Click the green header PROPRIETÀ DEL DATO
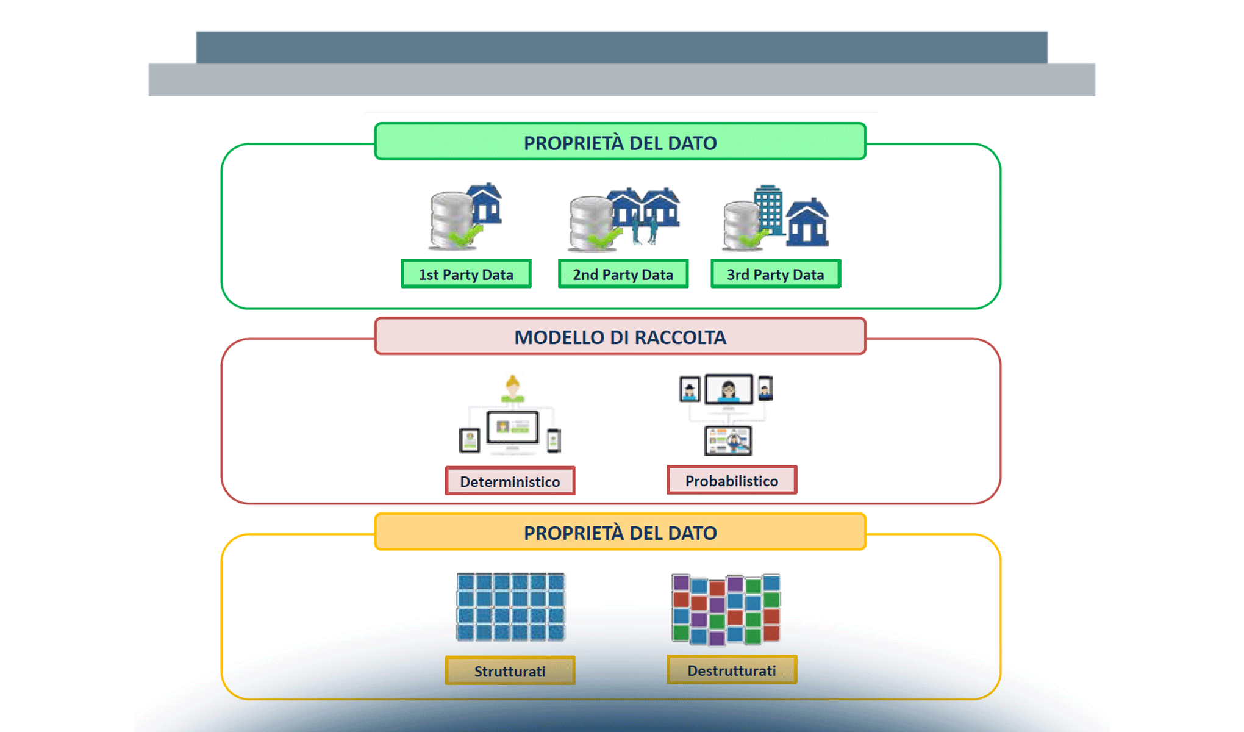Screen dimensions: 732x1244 pyautogui.click(x=620, y=142)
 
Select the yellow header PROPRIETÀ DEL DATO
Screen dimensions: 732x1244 pyautogui.click(x=620, y=533)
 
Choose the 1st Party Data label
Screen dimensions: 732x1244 pyautogui.click(x=466, y=274)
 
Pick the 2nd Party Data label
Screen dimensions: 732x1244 pyautogui.click(x=623, y=274)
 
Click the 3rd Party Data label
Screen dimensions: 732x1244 pyautogui.click(x=775, y=274)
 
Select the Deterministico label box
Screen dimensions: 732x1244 pyautogui.click(x=510, y=481)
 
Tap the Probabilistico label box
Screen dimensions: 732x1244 pyautogui.click(x=731, y=481)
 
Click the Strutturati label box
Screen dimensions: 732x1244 pyautogui.click(x=510, y=671)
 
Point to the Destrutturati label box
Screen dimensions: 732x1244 pyautogui.click(x=731, y=670)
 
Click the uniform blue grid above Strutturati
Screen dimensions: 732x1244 pyautogui.click(x=511, y=607)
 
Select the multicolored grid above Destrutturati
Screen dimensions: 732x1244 pyautogui.click(x=726, y=609)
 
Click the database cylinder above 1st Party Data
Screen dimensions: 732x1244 pyautogui.click(x=452, y=220)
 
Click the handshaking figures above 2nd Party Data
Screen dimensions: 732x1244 pyautogui.click(x=644, y=231)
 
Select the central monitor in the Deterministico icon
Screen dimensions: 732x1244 pyautogui.click(x=512, y=427)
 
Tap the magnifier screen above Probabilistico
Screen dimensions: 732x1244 pyautogui.click(x=728, y=440)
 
